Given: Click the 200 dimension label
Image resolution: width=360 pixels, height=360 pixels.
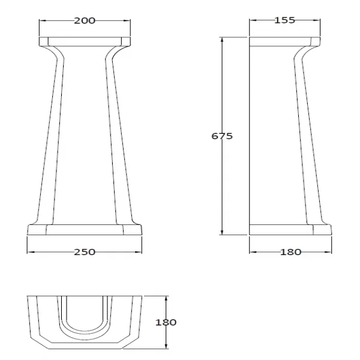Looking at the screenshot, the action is point(85,20).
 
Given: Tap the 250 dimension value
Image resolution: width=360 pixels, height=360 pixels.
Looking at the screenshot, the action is point(85,252).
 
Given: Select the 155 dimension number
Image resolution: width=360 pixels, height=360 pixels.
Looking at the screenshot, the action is point(284,20).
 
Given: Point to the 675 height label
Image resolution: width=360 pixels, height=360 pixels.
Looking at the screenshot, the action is point(222,136).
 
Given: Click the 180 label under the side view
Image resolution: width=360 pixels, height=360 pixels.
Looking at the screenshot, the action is point(290,252).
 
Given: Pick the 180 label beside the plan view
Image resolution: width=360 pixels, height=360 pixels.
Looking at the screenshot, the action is point(166,322).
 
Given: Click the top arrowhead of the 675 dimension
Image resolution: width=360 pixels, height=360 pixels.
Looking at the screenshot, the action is point(222,40).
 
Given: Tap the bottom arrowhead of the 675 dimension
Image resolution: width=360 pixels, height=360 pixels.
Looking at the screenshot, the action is point(222,232).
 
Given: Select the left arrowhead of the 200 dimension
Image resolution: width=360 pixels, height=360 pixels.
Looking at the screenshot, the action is point(43,20).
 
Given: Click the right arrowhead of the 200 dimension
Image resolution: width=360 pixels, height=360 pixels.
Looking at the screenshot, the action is point(127,20).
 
